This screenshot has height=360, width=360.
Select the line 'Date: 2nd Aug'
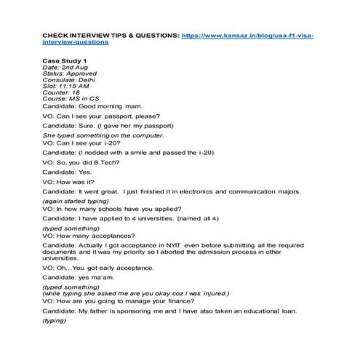coord(65,67)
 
